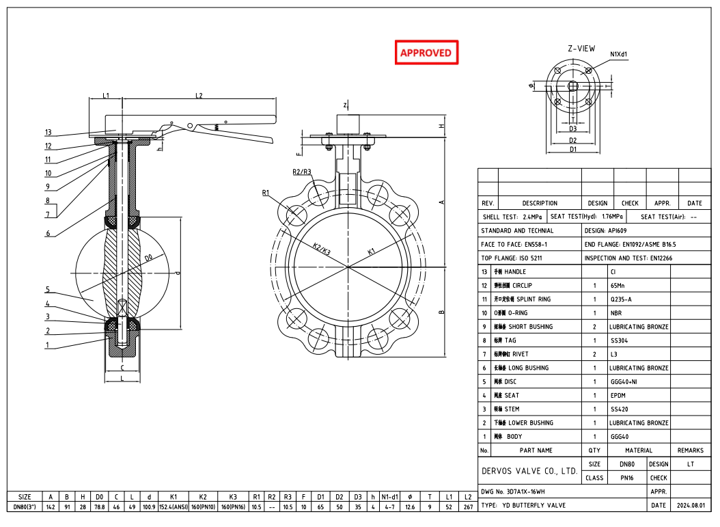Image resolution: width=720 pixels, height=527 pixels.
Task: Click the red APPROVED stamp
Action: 426,53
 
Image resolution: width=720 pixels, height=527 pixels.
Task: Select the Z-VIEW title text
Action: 581,49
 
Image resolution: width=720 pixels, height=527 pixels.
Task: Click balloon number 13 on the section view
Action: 49,133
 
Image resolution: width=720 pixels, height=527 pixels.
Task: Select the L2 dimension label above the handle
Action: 199,96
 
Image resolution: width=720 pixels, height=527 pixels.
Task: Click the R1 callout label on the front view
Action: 266,193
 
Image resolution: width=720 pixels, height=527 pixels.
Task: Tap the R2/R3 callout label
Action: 302,172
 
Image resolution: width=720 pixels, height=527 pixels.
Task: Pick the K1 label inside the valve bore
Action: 372,252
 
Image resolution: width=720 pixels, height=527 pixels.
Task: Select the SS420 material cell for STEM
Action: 619,409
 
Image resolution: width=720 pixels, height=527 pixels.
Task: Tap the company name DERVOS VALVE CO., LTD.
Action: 529,471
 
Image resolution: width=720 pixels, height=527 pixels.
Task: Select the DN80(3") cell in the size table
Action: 25,507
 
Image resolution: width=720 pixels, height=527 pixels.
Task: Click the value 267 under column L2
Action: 467,507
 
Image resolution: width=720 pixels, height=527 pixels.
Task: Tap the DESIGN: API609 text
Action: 605,230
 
